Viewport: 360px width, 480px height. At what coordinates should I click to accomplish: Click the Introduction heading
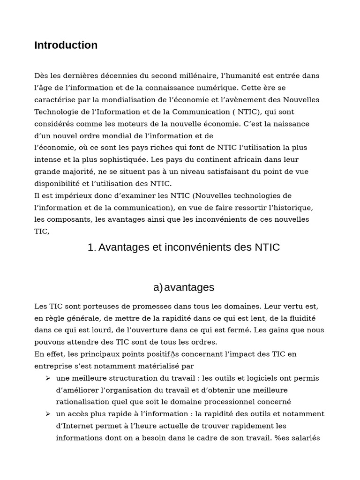(66, 45)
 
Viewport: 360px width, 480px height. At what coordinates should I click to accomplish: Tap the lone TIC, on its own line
(41, 232)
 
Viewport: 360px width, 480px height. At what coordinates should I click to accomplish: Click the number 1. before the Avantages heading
(91, 247)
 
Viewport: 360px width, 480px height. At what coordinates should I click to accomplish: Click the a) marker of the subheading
(157, 287)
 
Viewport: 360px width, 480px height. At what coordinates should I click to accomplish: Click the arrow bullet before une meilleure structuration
(48, 378)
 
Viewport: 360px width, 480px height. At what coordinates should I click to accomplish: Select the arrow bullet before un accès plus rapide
(48, 414)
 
